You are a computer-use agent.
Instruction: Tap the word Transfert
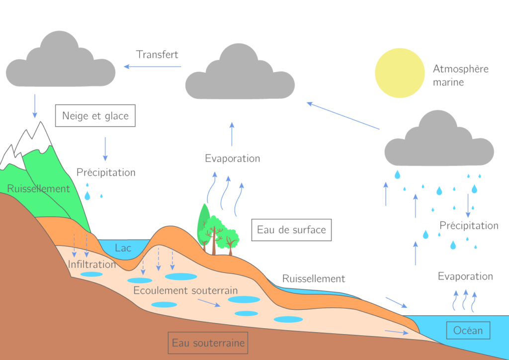pyautogui.click(x=157, y=55)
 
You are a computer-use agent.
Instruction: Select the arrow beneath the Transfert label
pyautogui.click(x=153, y=67)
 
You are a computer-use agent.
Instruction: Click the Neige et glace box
pyautogui.click(x=95, y=116)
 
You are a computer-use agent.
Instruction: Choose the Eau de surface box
pyautogui.click(x=291, y=230)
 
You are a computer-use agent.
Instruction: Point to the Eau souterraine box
pyautogui.click(x=208, y=343)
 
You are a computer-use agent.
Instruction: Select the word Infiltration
pyautogui.click(x=92, y=264)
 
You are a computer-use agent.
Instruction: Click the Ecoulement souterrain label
pyautogui.click(x=185, y=290)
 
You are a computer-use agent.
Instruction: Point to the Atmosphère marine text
pyautogui.click(x=460, y=76)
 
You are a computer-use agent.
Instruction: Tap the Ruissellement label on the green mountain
pyautogui.click(x=38, y=189)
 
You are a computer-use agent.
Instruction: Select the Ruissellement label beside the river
pyautogui.click(x=314, y=278)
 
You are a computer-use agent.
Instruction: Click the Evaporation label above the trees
pyautogui.click(x=232, y=159)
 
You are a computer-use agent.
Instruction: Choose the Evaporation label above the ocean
pyautogui.click(x=465, y=276)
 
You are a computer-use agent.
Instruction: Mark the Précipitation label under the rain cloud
pyautogui.click(x=469, y=226)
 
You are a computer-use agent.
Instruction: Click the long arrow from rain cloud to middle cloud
pyautogui.click(x=343, y=116)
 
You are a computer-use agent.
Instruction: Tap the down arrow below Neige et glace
pyautogui.click(x=105, y=149)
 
